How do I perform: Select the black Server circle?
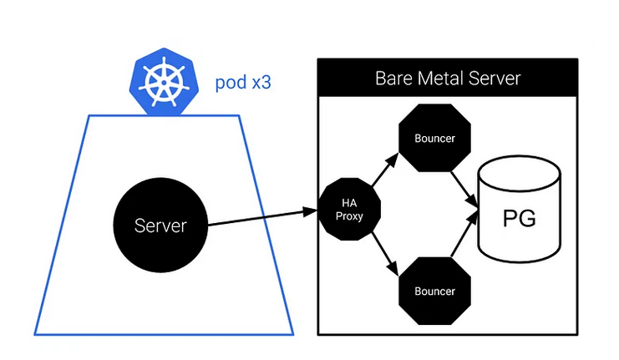coord(161,226)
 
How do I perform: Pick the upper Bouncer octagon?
coord(434,139)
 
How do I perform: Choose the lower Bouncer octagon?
coord(434,292)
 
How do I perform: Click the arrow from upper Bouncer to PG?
coord(466,187)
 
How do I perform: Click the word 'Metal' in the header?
coord(445,79)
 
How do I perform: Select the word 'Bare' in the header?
coord(397,79)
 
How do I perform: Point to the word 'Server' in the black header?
coord(495,79)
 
